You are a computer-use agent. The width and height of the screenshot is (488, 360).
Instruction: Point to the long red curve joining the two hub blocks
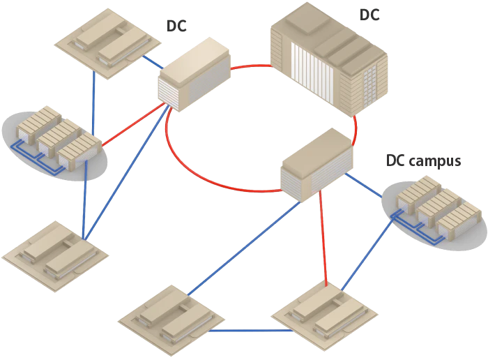(209, 178)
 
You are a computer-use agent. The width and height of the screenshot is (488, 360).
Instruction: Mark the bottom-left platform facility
(52, 255)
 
